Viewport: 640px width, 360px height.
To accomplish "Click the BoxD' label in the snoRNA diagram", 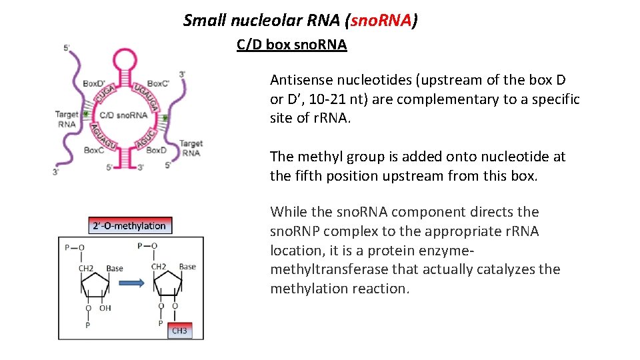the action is coord(94,84).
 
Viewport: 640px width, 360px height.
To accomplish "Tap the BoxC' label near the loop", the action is coord(159,84).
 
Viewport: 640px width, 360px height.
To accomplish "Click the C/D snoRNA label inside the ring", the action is coord(124,115).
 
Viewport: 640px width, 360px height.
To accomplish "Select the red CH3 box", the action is coord(180,329).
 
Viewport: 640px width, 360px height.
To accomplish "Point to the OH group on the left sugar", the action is coord(105,307).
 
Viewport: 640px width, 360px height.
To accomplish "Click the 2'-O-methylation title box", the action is coord(129,226).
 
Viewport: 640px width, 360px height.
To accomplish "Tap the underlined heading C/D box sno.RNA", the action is coord(291,45).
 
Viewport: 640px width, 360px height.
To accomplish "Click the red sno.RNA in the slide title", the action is coord(381,21).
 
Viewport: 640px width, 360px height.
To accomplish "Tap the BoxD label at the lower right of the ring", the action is coord(156,151).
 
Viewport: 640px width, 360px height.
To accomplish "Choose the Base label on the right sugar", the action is coord(187,267).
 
